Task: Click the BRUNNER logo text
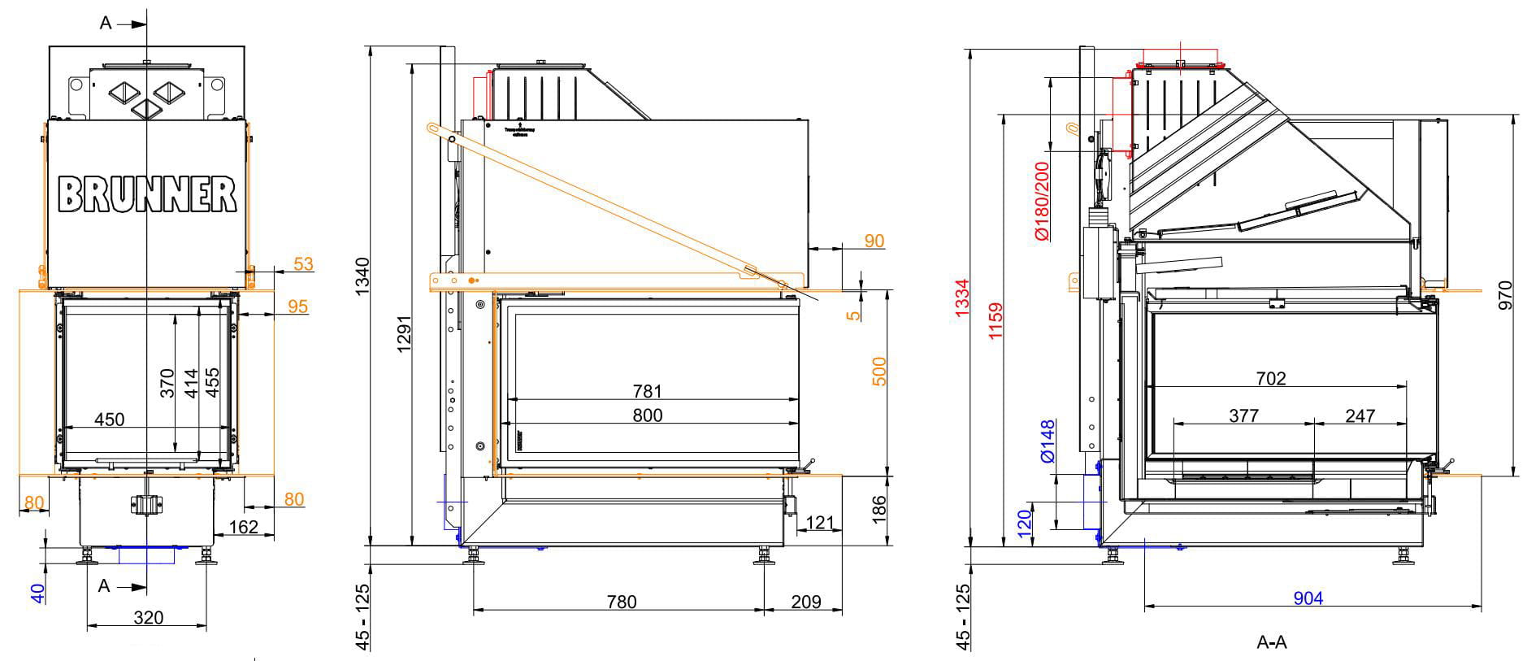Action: pyautogui.click(x=147, y=194)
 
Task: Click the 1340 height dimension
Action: pyautogui.click(x=362, y=276)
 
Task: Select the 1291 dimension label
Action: pyautogui.click(x=404, y=334)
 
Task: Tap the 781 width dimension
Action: pyautogui.click(x=647, y=392)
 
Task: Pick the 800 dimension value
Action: pyautogui.click(x=647, y=415)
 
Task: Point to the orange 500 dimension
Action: pyautogui.click(x=878, y=371)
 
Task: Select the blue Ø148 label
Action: pyautogui.click(x=1048, y=441)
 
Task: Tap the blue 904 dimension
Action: pyautogui.click(x=1308, y=598)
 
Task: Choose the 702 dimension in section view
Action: pyautogui.click(x=1270, y=378)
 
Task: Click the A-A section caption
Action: pyautogui.click(x=1271, y=642)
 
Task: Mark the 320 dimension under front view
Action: pyautogui.click(x=148, y=618)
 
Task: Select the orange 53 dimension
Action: pyautogui.click(x=303, y=264)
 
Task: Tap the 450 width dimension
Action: pyautogui.click(x=110, y=420)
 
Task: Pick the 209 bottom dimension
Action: pyautogui.click(x=805, y=602)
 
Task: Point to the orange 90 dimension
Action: pyautogui.click(x=874, y=241)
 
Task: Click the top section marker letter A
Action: pyautogui.click(x=105, y=24)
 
